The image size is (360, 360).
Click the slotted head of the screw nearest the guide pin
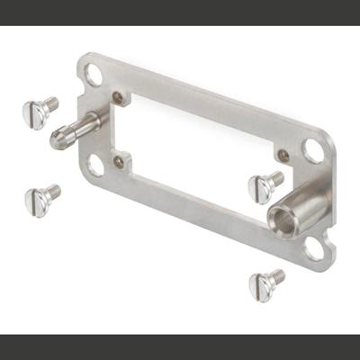point(34,114)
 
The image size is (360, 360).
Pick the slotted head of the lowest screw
point(261,286)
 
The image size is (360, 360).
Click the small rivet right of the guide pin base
point(118,96)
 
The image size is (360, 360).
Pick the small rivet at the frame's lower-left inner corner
point(119,162)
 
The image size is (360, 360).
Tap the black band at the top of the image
point(180,12)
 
